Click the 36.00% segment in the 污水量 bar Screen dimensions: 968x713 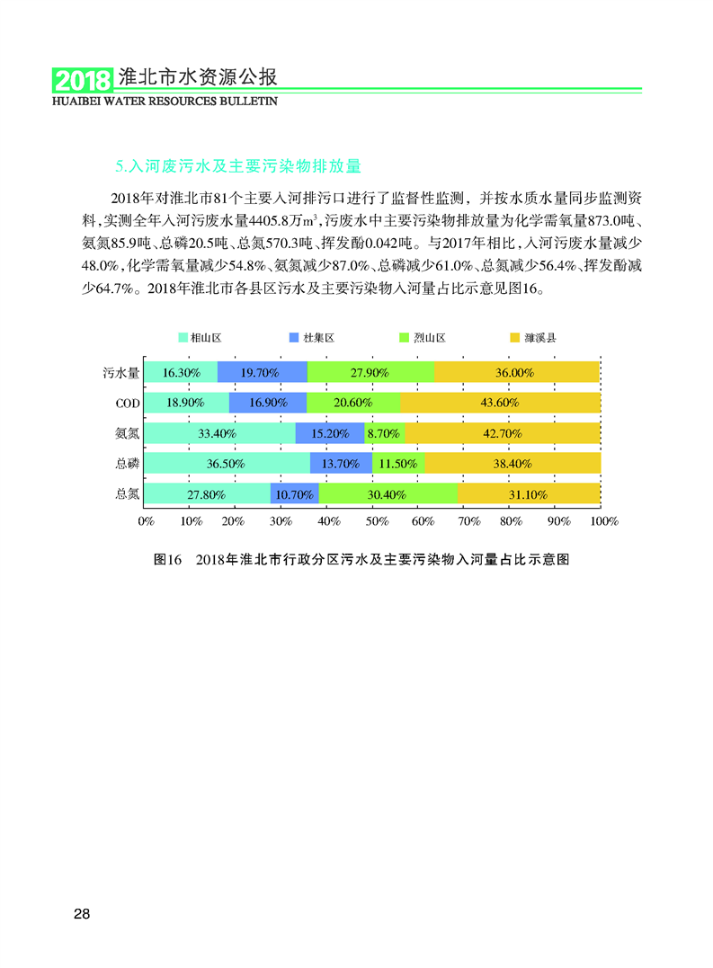pos(517,372)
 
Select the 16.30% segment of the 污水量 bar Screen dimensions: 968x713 pos(181,372)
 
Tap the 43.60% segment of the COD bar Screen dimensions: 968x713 pos(500,403)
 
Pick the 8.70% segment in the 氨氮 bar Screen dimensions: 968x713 pos(384,433)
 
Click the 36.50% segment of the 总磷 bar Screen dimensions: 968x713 pos(227,464)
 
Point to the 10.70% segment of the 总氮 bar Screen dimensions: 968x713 pos(294,494)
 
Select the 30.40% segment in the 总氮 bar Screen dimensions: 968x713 pos(388,494)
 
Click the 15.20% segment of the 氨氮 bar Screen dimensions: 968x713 pos(330,433)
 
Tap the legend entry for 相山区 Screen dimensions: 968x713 pos(199,338)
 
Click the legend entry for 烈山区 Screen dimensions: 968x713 pos(423,338)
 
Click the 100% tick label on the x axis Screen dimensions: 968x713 pos(602,521)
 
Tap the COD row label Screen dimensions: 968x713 pos(127,403)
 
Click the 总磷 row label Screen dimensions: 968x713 pos(127,464)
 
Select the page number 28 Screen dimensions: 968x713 pos(82,915)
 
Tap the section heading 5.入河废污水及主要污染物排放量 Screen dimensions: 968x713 pos(238,166)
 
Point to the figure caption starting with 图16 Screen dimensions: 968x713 pos(362,559)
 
